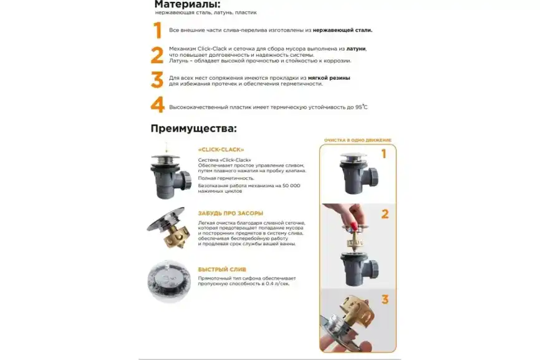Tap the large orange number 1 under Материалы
pyautogui.click(x=157, y=31)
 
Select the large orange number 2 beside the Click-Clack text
pyautogui.click(x=157, y=55)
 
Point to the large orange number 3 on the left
pyautogui.click(x=157, y=80)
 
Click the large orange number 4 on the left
pyautogui.click(x=157, y=105)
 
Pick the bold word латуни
pyautogui.click(x=356, y=48)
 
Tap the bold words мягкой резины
pyautogui.click(x=329, y=78)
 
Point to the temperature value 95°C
pyautogui.click(x=361, y=107)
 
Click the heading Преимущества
pyautogui.click(x=194, y=129)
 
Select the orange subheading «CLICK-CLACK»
pyautogui.click(x=221, y=150)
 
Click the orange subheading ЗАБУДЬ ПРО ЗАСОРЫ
pyautogui.click(x=230, y=213)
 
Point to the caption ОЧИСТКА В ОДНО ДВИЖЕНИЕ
pyautogui.click(x=357, y=140)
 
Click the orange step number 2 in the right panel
pyautogui.click(x=385, y=214)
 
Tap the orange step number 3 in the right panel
pyautogui.click(x=385, y=299)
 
